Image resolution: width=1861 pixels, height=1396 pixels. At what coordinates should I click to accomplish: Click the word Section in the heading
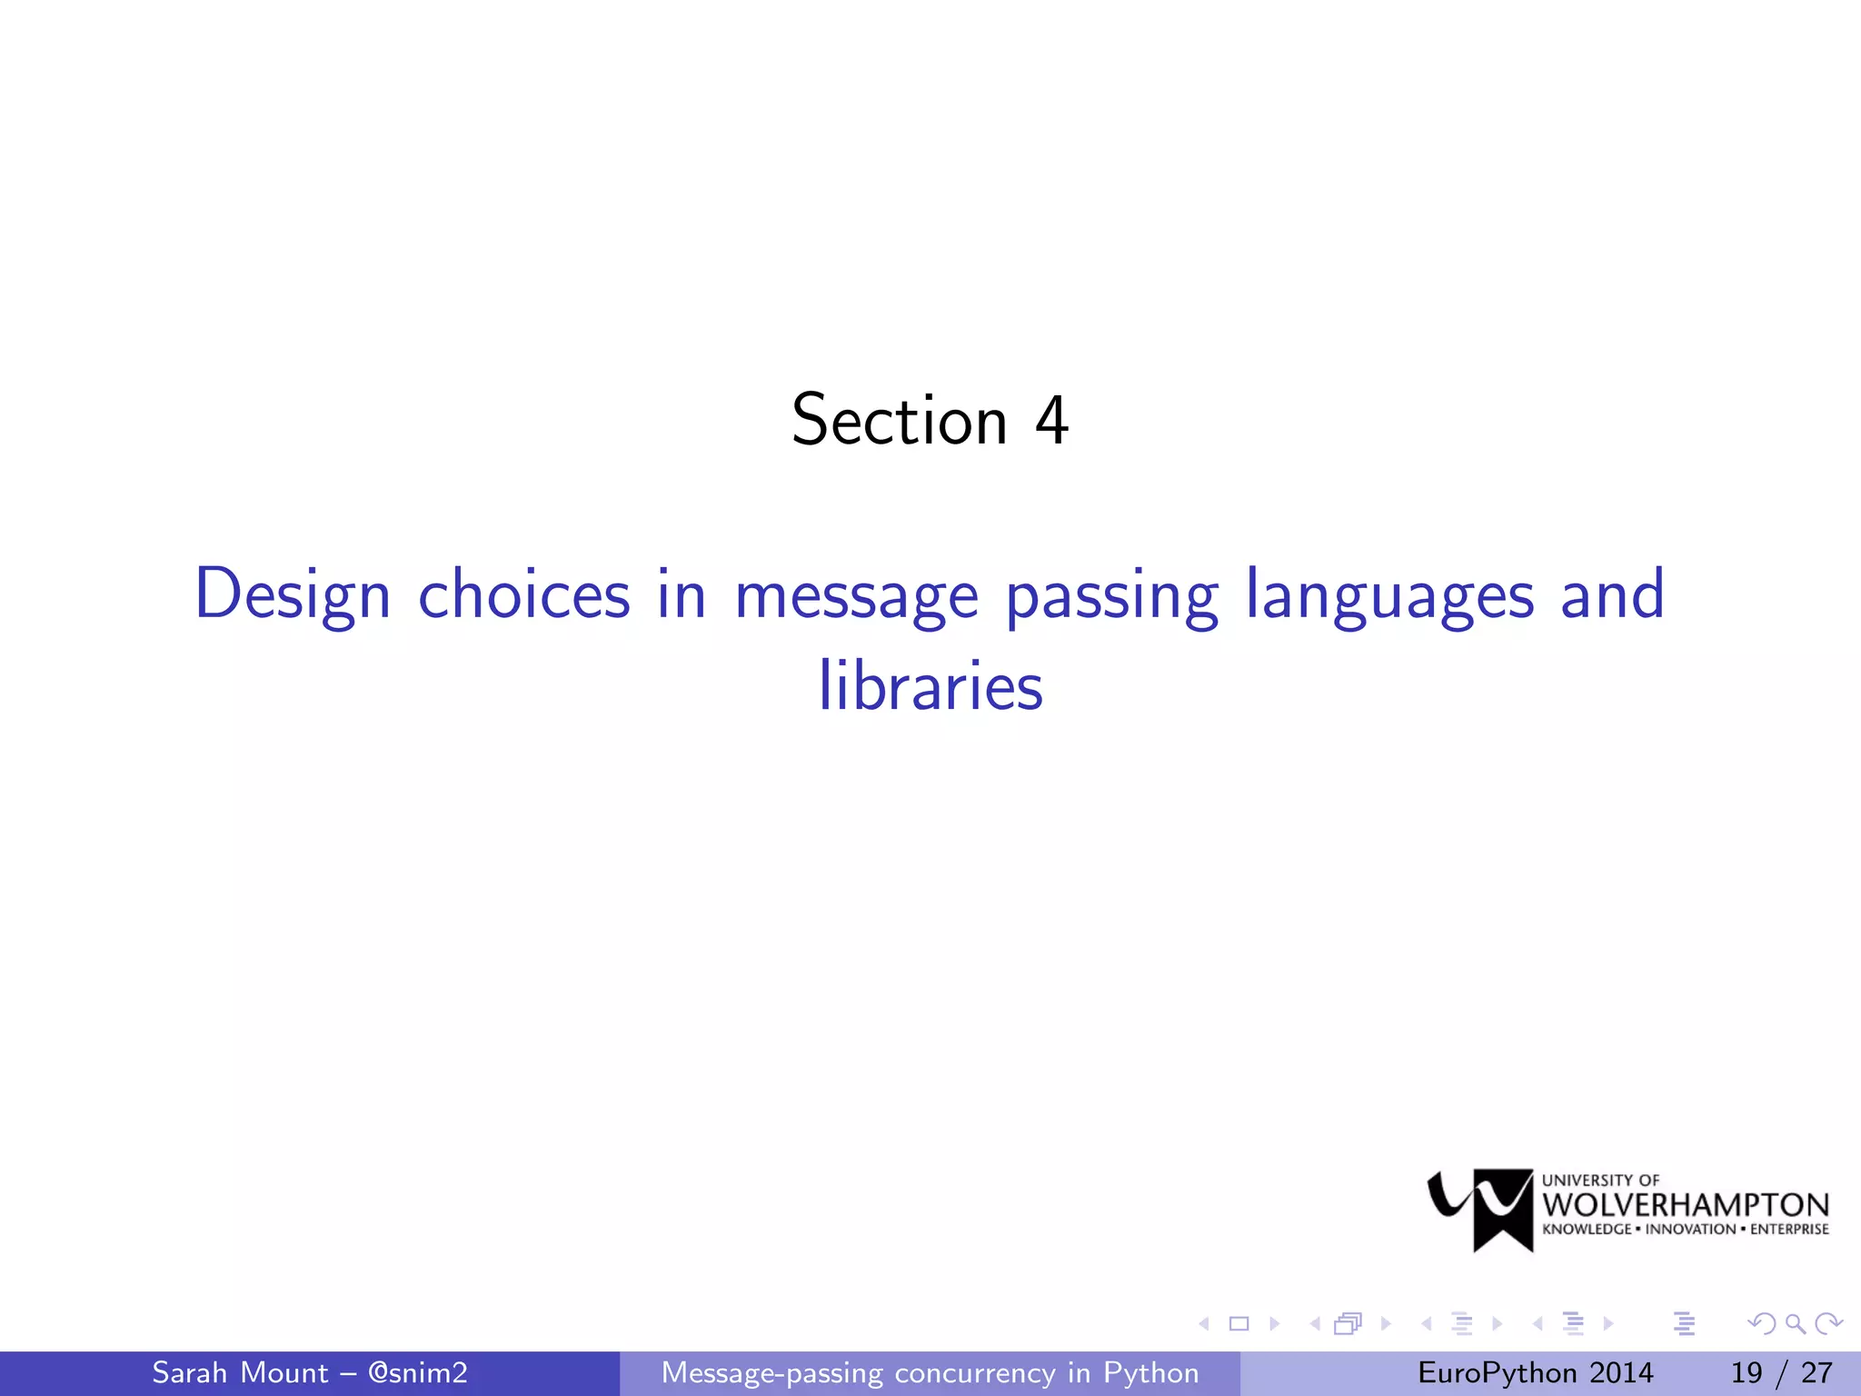point(900,420)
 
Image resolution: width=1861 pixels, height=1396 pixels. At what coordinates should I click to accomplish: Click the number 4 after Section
point(1051,420)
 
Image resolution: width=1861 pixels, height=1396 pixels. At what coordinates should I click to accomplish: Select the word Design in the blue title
point(293,595)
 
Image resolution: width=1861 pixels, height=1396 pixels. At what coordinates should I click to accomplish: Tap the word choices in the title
point(524,595)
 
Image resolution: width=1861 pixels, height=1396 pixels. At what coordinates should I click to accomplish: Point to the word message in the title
point(856,595)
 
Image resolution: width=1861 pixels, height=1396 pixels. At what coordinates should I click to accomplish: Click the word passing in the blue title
point(1112,595)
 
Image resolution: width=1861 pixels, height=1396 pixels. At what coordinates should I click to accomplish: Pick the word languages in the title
point(1389,595)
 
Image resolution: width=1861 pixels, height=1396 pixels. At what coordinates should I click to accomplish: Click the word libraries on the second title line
point(930,686)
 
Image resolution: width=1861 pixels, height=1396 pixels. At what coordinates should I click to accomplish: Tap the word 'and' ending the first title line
point(1612,595)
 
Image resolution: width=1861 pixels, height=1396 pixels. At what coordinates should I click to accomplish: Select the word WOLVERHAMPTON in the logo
point(1686,1205)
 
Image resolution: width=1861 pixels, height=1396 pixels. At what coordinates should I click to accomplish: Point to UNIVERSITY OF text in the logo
point(1600,1180)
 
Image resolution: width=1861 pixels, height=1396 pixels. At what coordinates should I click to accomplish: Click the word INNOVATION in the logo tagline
point(1690,1230)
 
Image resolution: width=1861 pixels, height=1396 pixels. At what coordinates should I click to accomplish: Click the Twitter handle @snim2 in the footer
point(418,1372)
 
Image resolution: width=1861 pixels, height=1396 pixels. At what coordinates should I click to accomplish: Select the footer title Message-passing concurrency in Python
point(930,1372)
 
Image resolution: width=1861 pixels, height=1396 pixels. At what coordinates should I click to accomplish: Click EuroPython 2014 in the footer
point(1535,1372)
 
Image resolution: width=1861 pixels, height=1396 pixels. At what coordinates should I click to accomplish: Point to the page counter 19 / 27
point(1781,1372)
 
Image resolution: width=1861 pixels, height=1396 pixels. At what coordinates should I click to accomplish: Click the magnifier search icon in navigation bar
point(1795,1323)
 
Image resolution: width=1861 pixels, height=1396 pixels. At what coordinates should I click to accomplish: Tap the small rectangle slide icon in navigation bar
point(1239,1323)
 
